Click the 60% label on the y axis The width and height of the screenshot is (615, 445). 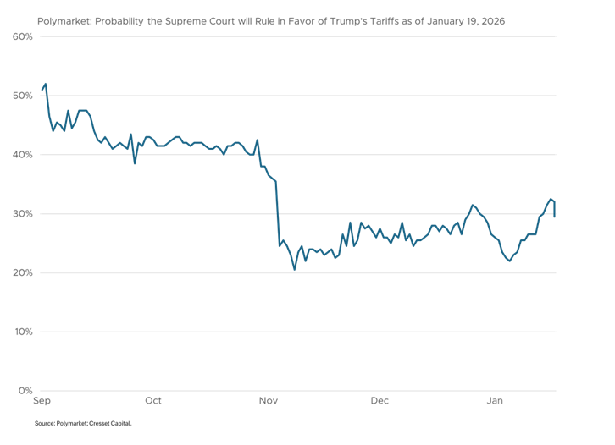[23, 36]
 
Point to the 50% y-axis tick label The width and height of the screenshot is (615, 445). [23, 96]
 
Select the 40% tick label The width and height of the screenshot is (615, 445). [23, 155]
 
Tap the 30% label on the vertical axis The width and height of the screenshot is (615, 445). [23, 214]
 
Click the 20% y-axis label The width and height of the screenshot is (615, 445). [23, 272]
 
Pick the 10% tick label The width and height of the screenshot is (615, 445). [23, 332]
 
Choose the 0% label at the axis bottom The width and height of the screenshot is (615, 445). [25, 391]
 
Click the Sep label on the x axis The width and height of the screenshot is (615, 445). [42, 401]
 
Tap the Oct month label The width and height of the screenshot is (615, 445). [153, 401]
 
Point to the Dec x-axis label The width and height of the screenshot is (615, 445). [380, 401]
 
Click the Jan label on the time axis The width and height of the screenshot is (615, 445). [495, 401]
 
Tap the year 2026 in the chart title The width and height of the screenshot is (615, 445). [494, 20]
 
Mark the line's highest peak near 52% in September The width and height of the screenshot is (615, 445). [46, 84]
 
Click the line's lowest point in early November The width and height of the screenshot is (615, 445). [294, 269]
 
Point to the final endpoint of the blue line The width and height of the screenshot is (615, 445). [556, 217]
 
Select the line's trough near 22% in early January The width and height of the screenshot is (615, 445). [509, 261]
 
